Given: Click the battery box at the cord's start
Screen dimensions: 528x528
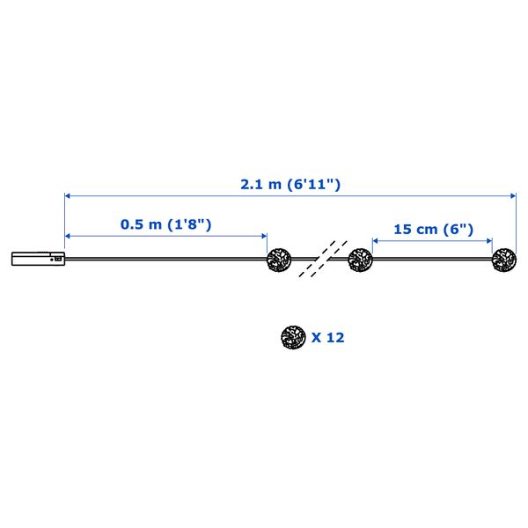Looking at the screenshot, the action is pos(38,259).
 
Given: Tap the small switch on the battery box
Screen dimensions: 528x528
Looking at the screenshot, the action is pos(57,260).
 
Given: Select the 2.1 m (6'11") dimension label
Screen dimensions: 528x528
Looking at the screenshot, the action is pos(290,184).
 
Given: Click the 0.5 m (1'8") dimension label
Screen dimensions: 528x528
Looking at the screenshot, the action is pos(166,224).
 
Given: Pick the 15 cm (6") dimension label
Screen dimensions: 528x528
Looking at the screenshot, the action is pos(433,230).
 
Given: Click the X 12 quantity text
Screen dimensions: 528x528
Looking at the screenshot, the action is pos(327,337).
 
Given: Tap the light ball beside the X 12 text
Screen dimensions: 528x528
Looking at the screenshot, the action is pos(293,337).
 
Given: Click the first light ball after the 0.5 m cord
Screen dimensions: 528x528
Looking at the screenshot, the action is pos(279,260).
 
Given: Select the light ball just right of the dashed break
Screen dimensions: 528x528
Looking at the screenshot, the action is pos(360,260).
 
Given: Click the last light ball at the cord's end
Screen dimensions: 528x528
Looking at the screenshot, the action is pos(504,260).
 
